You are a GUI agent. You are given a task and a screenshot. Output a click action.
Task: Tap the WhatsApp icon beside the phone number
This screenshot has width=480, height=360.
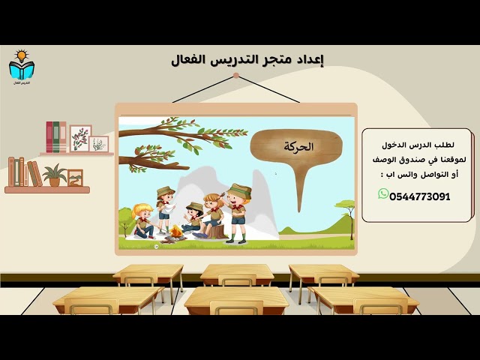(383, 194)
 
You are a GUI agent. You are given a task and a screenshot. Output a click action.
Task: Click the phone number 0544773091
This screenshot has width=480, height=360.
(419, 196)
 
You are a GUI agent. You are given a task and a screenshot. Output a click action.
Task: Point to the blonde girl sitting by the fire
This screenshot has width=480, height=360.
(142, 221)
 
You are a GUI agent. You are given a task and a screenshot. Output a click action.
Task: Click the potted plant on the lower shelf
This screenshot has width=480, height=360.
(54, 175)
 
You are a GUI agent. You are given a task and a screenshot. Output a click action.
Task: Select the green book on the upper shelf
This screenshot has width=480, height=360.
(62, 137)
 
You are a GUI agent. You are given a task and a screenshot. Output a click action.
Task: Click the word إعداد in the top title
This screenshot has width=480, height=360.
(310, 59)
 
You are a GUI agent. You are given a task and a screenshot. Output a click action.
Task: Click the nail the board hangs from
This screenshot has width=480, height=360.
(214, 74)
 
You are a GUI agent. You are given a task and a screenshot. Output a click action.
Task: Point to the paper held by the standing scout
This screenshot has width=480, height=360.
(170, 200)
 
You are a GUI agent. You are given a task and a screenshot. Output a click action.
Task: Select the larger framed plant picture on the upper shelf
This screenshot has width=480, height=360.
(80, 138)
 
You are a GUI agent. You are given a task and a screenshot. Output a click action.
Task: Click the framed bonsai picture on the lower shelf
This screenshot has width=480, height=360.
(75, 178)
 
